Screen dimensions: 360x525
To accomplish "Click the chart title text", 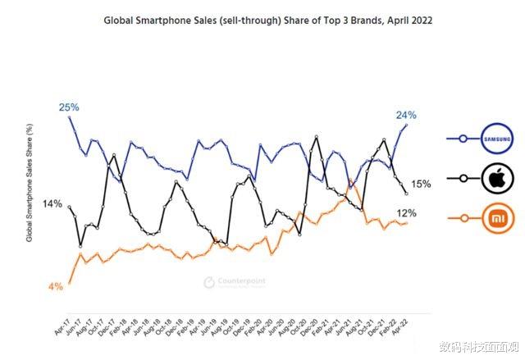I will pos(268,20).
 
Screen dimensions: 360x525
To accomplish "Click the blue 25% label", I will pos(68,107).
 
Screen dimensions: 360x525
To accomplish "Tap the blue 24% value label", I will pos(406,115).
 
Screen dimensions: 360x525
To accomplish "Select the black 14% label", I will pos(52,203).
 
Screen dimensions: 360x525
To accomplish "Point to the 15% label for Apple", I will pos(421,185).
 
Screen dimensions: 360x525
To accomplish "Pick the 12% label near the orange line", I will pos(406,213).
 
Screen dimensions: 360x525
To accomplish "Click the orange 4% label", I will pos(56,286).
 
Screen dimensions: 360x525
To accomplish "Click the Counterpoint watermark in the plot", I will pos(234,283).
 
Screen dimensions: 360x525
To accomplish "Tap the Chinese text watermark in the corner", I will pos(479,346).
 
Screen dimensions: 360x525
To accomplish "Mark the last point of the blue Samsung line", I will pos(408,124).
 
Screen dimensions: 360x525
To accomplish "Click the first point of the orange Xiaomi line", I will pos(69,283).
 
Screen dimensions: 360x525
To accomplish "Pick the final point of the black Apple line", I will pos(408,193).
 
